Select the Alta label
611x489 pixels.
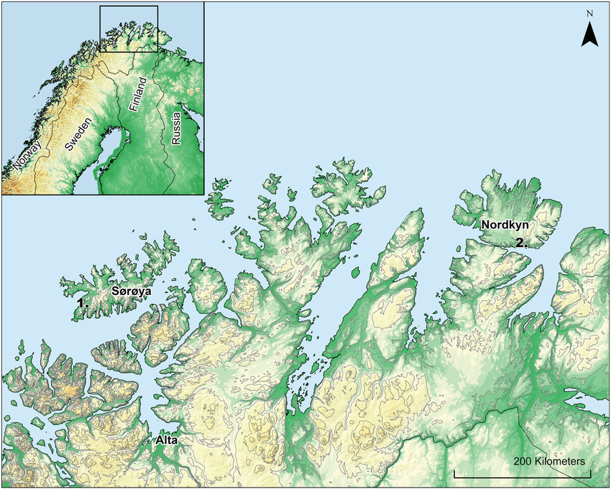pos(165,439)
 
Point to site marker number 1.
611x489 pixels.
pos(83,304)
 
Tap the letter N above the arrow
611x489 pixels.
pos(589,13)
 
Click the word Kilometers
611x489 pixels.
pos(559,460)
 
